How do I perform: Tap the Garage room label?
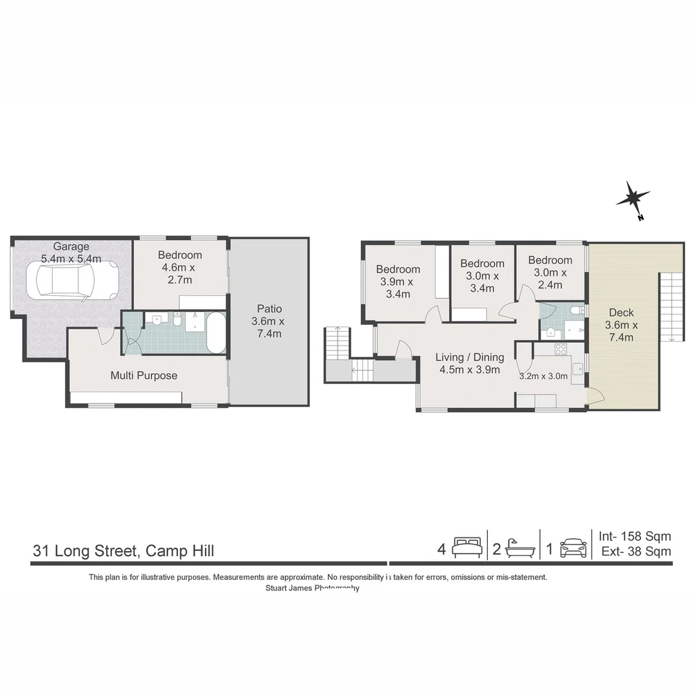(71, 252)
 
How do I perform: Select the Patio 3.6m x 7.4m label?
(268, 321)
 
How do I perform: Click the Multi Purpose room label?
(144, 375)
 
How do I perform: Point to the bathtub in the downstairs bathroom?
(215, 333)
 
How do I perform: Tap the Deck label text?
(621, 325)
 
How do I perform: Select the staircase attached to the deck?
(670, 306)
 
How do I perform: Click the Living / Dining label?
(469, 363)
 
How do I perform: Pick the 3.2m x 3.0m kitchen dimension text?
(543, 376)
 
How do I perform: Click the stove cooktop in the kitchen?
(561, 349)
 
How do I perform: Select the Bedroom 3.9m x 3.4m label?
(398, 282)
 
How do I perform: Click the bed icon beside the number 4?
(467, 548)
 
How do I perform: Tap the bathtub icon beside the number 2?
(520, 548)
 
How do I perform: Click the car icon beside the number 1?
(573, 548)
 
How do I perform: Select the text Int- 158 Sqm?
(635, 536)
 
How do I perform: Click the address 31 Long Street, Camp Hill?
(124, 551)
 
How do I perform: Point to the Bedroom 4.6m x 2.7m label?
(180, 267)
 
